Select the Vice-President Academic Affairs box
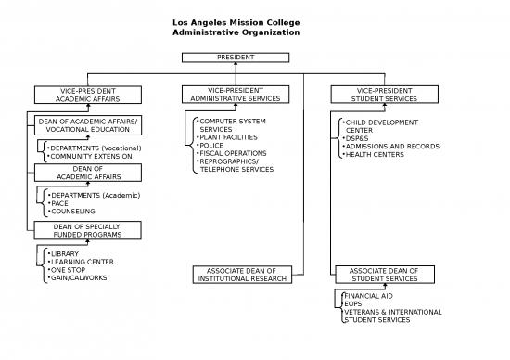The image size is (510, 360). pos(88,94)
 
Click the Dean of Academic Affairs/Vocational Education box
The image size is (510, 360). pos(88,125)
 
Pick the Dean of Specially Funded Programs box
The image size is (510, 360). pos(88,230)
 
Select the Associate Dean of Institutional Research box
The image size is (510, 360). pos(242,275)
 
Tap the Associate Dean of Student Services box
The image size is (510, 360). pos(383,275)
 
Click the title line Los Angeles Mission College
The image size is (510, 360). pos(236,22)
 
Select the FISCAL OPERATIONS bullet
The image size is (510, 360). pos(233,153)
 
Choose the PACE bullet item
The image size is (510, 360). pos(60,203)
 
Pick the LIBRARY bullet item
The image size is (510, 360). pos(65,253)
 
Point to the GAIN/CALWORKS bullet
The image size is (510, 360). pos(78,277)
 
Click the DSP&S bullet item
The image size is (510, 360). pos(357,138)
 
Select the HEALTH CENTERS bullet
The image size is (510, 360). pos(374,154)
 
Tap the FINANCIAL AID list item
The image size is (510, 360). pos(363,295)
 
